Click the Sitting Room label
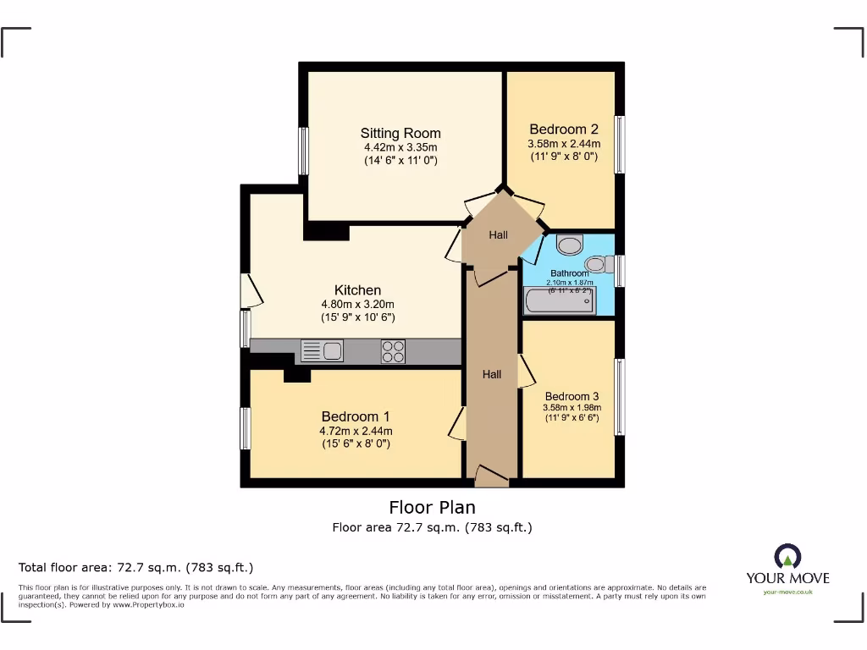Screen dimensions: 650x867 [x=400, y=133]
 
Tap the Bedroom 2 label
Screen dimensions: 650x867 [x=564, y=129]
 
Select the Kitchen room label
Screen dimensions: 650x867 [x=357, y=290]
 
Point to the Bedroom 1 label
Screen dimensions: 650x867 [x=356, y=416]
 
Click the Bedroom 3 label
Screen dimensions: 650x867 [x=572, y=396]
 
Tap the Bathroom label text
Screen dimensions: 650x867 [x=570, y=273]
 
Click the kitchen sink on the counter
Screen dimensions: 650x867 [x=321, y=350]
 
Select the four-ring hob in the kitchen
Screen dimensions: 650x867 [x=393, y=350]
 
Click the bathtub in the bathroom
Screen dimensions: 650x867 [x=561, y=300]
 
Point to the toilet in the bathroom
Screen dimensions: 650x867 [x=571, y=245]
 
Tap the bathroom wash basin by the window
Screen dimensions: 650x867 [x=598, y=265]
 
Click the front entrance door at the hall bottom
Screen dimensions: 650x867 [x=491, y=476]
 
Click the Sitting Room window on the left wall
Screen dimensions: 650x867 [x=303, y=151]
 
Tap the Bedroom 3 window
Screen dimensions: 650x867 [x=620, y=397]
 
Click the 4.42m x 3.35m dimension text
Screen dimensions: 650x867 [x=400, y=147]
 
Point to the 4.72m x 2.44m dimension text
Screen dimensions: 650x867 [x=356, y=431]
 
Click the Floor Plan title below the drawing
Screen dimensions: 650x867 [x=432, y=507]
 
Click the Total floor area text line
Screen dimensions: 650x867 [x=136, y=567]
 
